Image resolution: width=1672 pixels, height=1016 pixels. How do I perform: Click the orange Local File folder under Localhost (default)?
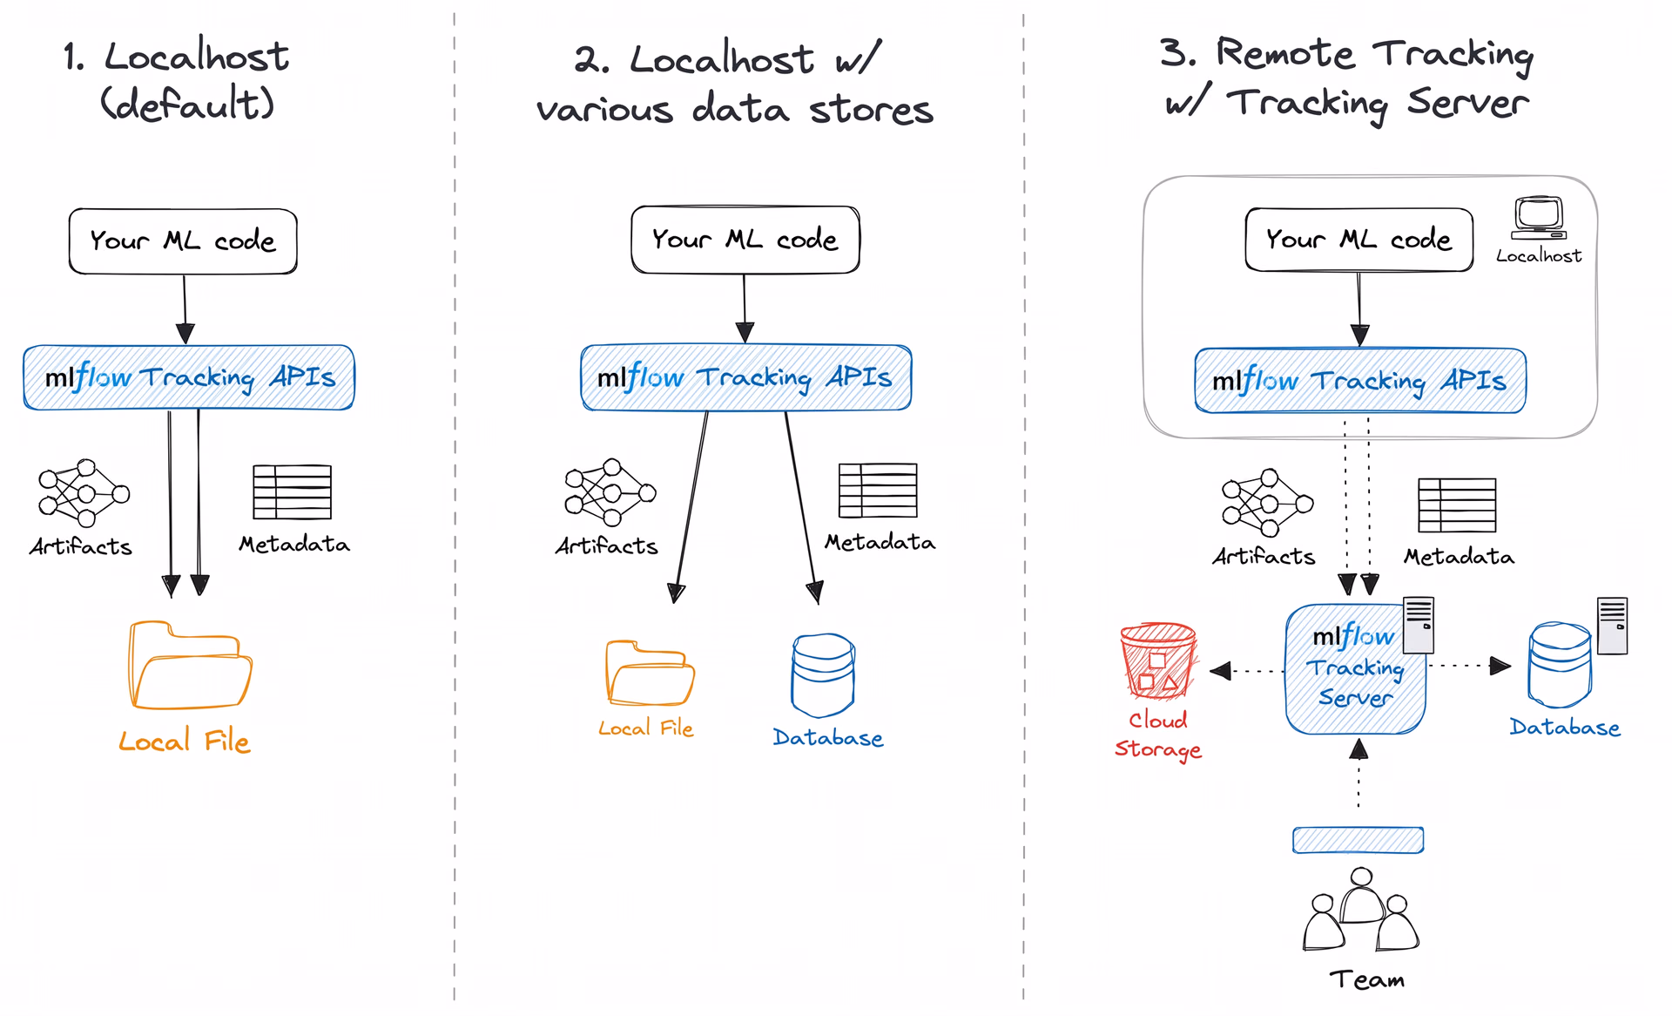tap(190, 666)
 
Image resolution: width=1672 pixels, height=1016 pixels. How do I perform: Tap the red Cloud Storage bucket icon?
tap(1158, 660)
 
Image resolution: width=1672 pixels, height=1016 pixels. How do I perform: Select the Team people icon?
tap(1360, 910)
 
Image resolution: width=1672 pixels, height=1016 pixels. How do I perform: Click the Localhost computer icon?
tap(1539, 218)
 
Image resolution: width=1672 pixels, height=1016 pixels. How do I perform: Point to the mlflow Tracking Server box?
tap(1355, 669)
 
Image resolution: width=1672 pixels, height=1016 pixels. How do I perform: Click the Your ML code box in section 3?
tap(1358, 240)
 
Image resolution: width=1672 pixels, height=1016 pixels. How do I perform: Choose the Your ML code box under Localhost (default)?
tap(183, 241)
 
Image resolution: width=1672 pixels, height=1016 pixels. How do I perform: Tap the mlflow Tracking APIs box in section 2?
tap(745, 377)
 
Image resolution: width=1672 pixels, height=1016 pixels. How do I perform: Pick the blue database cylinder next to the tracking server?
tap(1560, 664)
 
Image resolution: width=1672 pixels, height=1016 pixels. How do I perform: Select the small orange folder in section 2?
tap(650, 674)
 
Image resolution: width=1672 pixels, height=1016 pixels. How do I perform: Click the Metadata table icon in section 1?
tap(292, 492)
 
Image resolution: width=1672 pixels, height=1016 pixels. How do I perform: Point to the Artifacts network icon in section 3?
tap(1267, 503)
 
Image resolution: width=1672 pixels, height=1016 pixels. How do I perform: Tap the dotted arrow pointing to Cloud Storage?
tap(1247, 671)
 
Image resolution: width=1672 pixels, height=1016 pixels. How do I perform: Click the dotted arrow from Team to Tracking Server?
tap(1358, 773)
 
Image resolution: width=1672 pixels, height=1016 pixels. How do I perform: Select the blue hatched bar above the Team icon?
tap(1358, 840)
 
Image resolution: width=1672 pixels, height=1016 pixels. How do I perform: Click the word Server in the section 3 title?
tap(1467, 103)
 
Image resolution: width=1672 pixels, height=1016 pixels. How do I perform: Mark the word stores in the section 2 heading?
tap(871, 110)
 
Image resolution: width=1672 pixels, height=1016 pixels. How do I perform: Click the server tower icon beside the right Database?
tap(1612, 626)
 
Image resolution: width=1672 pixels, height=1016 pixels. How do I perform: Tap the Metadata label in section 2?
tap(880, 542)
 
